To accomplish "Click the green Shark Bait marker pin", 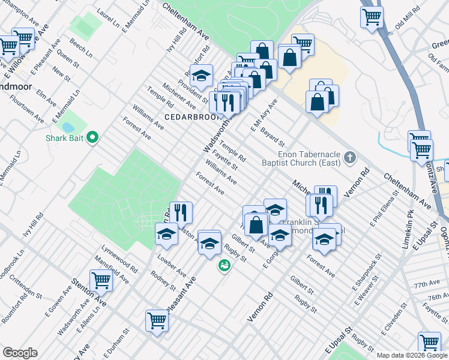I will click(x=92, y=139).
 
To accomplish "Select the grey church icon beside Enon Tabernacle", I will click(x=351, y=158).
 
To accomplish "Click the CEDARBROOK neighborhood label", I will click(x=190, y=117).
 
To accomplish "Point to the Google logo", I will click(x=20, y=353).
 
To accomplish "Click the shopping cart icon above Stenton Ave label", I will click(x=101, y=280).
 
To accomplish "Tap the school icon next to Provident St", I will click(x=202, y=76).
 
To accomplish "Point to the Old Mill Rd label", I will click(x=407, y=25).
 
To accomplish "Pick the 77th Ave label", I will click(x=430, y=283).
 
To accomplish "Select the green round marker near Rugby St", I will click(x=224, y=265).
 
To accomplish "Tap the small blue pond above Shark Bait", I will click(x=68, y=127).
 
